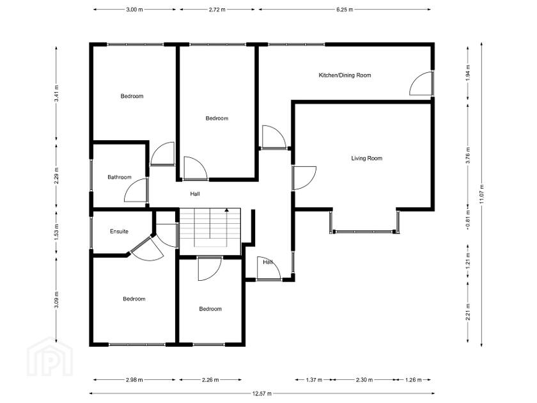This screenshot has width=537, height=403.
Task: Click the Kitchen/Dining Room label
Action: (345, 75)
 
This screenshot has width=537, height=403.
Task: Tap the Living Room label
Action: (366, 159)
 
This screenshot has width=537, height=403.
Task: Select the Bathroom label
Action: (119, 177)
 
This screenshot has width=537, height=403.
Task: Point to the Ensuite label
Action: (119, 232)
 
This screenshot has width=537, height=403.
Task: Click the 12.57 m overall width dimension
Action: (262, 393)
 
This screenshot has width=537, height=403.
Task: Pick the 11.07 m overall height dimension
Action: (481, 194)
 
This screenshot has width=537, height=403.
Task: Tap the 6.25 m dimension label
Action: (344, 10)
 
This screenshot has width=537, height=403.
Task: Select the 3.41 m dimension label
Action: (56, 93)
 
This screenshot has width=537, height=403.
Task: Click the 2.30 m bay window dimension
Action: (364, 380)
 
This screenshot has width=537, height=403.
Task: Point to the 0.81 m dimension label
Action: (468, 217)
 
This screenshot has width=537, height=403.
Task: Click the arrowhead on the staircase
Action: (226, 210)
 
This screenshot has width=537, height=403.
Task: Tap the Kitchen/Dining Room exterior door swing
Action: (420, 83)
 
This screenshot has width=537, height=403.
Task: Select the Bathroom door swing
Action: (136, 190)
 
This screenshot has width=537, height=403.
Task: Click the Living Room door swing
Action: (305, 178)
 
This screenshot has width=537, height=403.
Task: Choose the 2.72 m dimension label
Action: (217, 10)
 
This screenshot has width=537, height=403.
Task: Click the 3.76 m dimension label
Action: (468, 155)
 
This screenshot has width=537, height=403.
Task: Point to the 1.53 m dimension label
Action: (56, 232)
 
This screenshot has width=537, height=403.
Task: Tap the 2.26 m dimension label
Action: (210, 380)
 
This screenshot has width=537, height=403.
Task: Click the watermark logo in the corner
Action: (50, 356)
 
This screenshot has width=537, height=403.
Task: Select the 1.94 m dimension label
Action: (468, 72)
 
